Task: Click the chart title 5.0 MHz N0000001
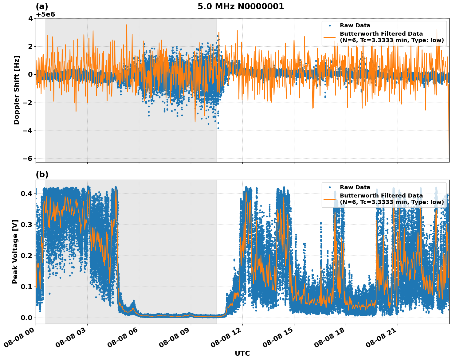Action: click(241, 7)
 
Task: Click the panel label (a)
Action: click(42, 7)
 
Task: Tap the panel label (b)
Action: click(42, 175)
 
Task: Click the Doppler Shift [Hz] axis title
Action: click(17, 90)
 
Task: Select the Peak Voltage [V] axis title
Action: click(15, 252)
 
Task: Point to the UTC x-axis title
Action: click(242, 354)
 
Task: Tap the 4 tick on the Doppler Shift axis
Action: click(30, 18)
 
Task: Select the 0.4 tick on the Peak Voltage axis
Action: click(27, 194)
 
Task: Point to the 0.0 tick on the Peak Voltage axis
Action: click(27, 318)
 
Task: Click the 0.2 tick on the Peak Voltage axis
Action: click(27, 256)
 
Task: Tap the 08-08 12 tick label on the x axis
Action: click(226, 339)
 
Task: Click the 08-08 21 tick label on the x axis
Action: click(381, 339)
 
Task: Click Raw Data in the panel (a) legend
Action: click(355, 26)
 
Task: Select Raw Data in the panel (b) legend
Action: click(355, 187)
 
